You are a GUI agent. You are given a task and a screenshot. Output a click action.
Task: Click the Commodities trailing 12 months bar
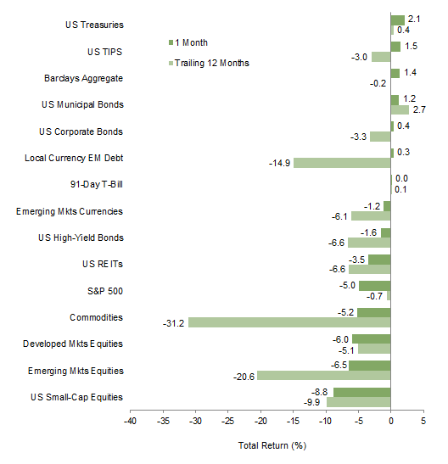pos(289,322)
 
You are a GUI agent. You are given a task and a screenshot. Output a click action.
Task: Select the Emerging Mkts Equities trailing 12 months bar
pos(324,376)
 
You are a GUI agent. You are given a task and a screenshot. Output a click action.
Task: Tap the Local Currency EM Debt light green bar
pos(342,162)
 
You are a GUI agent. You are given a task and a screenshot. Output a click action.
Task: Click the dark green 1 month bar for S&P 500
pos(374,286)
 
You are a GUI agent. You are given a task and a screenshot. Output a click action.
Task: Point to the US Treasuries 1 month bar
pos(397,20)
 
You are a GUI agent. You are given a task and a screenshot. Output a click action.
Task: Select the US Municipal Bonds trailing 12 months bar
pos(400,109)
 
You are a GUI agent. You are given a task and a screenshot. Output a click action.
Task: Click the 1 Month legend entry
pos(192,42)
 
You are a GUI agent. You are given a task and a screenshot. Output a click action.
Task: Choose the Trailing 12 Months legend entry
pos(208,63)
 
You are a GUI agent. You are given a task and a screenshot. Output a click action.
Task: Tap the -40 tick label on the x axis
pos(130,420)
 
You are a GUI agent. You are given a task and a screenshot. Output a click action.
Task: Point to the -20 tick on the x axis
pos(260,420)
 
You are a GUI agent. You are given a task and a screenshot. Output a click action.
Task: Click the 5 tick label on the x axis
pos(423,420)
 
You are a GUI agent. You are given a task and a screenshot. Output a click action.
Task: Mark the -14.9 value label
pos(279,163)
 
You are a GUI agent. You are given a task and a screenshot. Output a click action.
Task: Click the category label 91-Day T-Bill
pos(96,185)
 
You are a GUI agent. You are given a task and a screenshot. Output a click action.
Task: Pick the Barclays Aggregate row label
pos(83,78)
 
